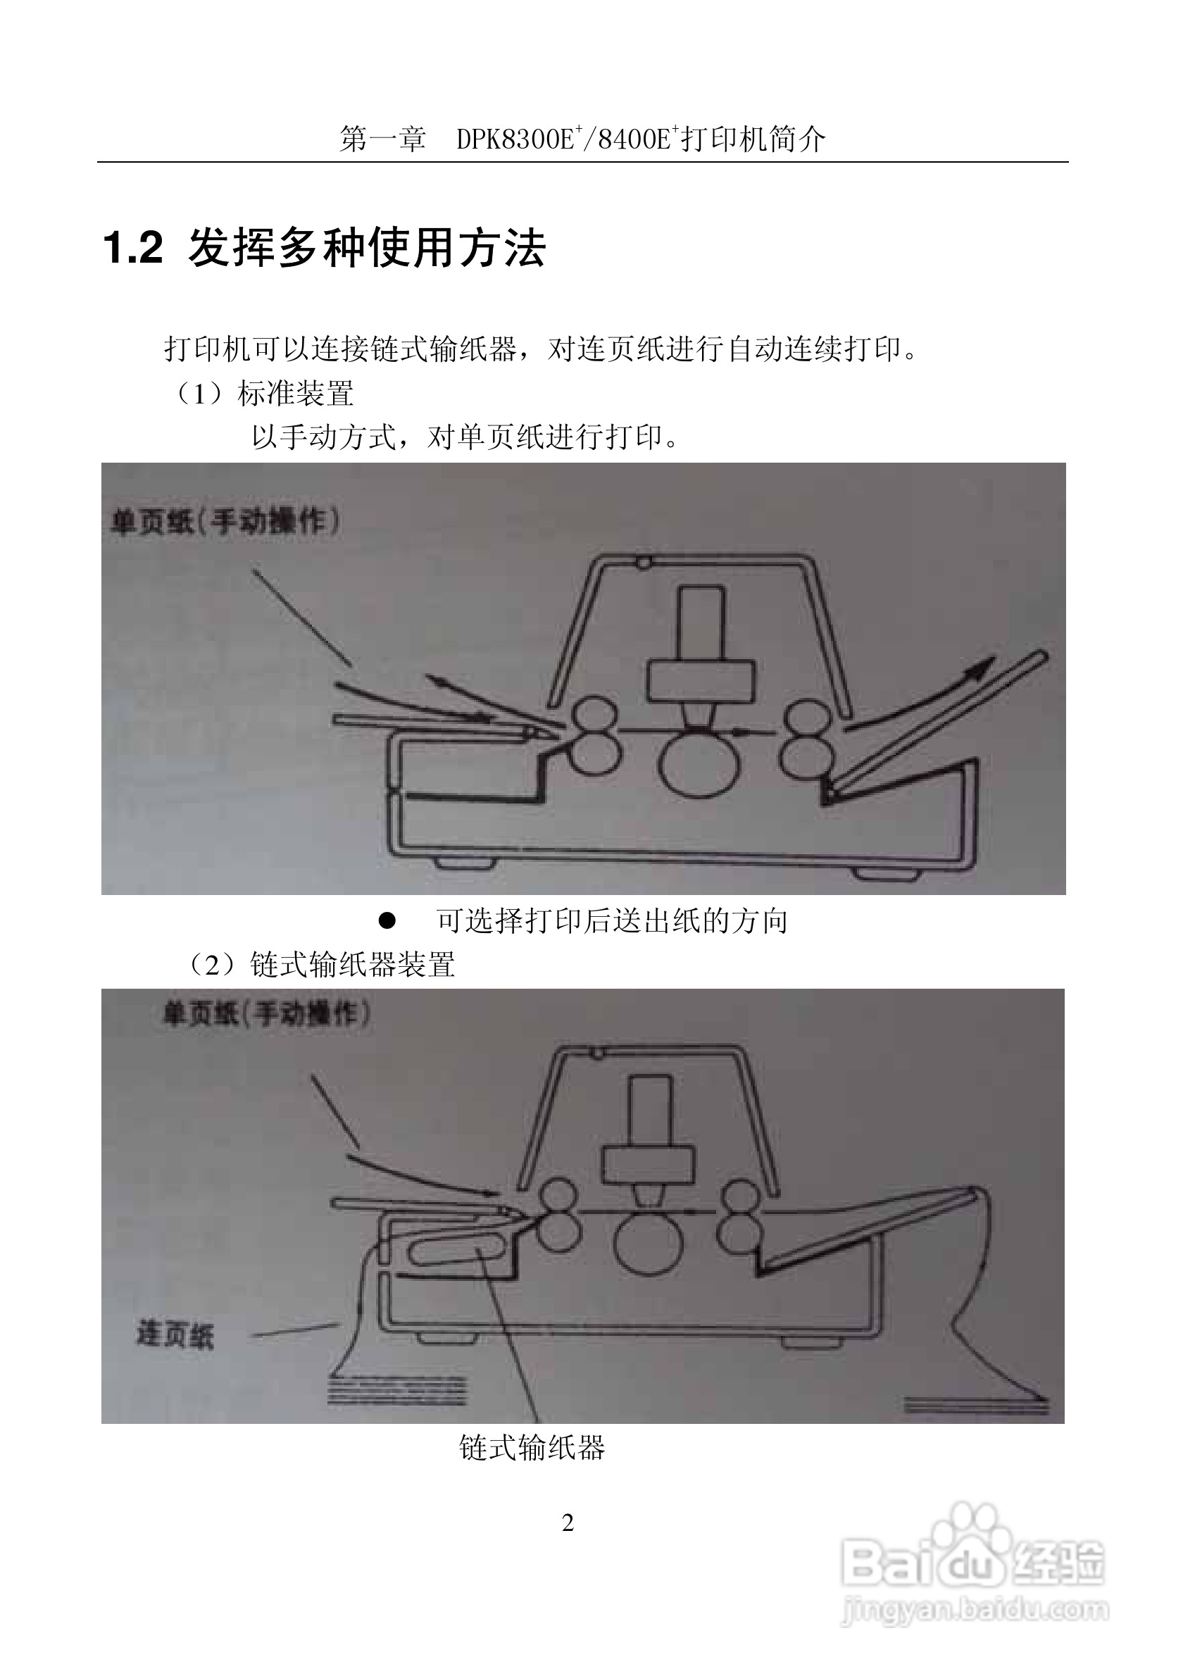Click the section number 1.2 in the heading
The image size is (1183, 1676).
point(134,248)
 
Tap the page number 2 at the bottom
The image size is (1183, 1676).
point(568,1522)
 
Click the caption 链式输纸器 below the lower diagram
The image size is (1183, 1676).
point(533,1448)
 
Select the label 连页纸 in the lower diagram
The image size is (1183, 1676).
point(175,1335)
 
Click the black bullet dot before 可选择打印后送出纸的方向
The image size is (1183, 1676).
point(387,921)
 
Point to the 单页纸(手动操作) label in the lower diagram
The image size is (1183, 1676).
point(266,1014)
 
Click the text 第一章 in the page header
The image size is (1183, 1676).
point(382,139)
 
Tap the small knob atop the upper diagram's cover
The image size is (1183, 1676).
point(643,562)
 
